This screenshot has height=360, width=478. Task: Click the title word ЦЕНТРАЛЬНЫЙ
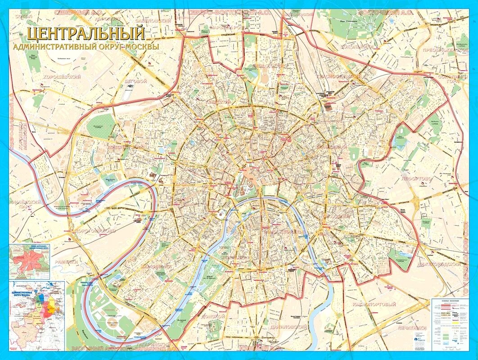86,34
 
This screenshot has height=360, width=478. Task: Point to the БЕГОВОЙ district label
135,81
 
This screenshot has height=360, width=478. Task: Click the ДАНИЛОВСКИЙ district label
286,327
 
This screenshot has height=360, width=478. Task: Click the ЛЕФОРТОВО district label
417,179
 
